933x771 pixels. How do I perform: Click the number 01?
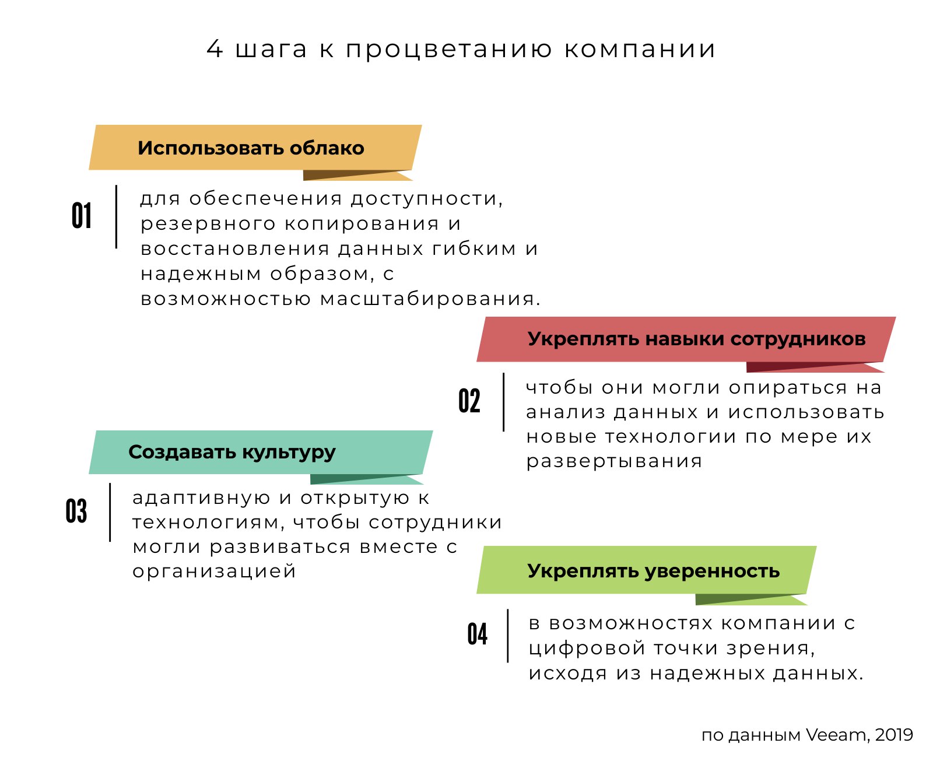(82, 215)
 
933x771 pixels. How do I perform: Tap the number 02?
(469, 401)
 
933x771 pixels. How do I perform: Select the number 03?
(76, 511)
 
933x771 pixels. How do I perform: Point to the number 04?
(478, 634)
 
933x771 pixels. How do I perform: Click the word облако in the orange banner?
(327, 148)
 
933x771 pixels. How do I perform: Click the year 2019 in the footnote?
(894, 735)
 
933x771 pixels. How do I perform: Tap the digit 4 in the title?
(215, 49)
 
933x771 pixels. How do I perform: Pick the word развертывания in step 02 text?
(614, 462)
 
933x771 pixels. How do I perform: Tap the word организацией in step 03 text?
(214, 572)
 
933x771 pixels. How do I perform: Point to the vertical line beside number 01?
(116, 217)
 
